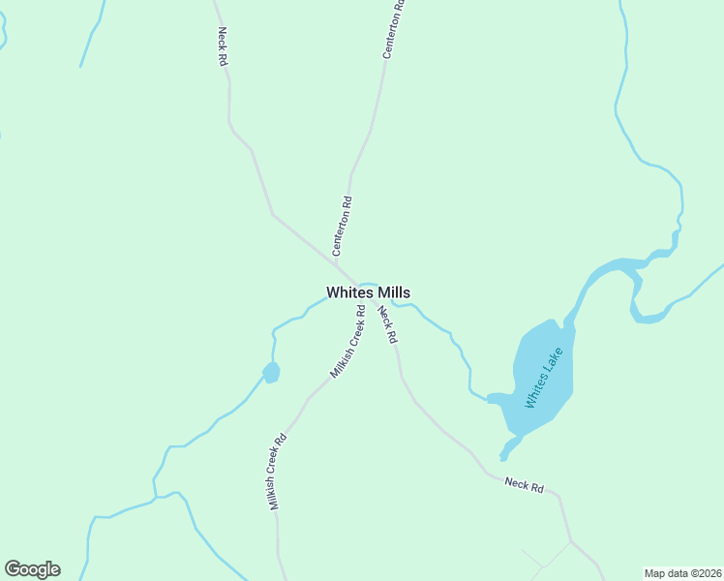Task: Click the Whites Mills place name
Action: (368, 292)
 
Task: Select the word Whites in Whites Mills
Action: (347, 292)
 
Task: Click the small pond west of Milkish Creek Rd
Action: (271, 372)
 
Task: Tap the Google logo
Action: (32, 569)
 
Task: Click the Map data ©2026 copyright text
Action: (683, 573)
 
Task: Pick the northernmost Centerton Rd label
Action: (391, 29)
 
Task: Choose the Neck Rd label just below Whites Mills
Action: (387, 324)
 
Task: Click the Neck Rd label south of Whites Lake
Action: (524, 484)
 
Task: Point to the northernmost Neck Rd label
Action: (222, 46)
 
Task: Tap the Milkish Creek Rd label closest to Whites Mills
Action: (347, 342)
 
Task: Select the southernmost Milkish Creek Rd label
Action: (279, 471)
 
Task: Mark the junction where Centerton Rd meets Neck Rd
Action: (335, 262)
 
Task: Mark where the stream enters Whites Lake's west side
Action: (490, 397)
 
